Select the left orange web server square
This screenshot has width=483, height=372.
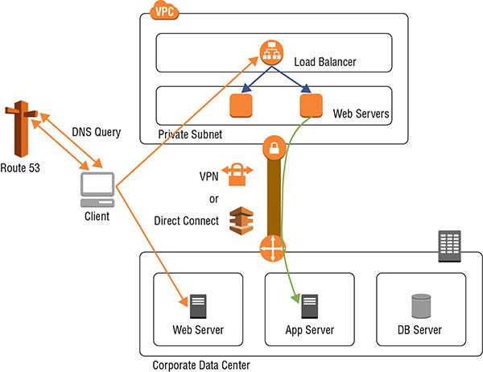[x=241, y=106]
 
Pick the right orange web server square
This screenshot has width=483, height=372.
[x=311, y=106]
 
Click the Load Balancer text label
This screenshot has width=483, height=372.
[x=326, y=60]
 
